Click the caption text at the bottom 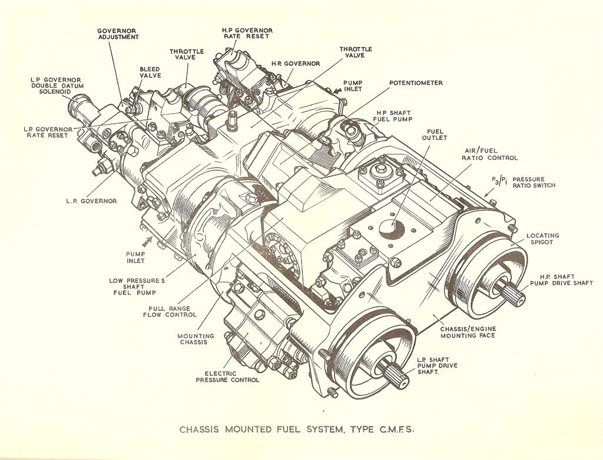point(297,429)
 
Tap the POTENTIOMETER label point(416,82)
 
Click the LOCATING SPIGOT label point(542,239)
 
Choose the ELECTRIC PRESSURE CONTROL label point(227,376)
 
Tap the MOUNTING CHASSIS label point(196,339)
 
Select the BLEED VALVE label point(150,72)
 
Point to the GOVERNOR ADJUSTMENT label point(118,34)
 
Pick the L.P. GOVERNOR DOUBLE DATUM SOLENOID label point(56,86)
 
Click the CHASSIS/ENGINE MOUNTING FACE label point(468,332)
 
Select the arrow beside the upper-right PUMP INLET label point(337,91)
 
